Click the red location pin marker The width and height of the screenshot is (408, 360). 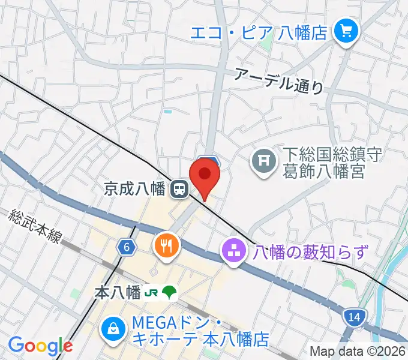pyautogui.click(x=205, y=176)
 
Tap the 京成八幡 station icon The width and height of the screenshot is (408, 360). pyautogui.click(x=178, y=190)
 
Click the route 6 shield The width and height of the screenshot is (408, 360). pyautogui.click(x=125, y=247)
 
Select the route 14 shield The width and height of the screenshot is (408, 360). pyautogui.click(x=354, y=316)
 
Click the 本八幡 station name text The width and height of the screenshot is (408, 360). pyautogui.click(x=118, y=293)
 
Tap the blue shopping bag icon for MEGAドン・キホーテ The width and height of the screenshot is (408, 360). pyautogui.click(x=112, y=328)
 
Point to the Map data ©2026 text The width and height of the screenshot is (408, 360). pyautogui.click(x=358, y=351)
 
